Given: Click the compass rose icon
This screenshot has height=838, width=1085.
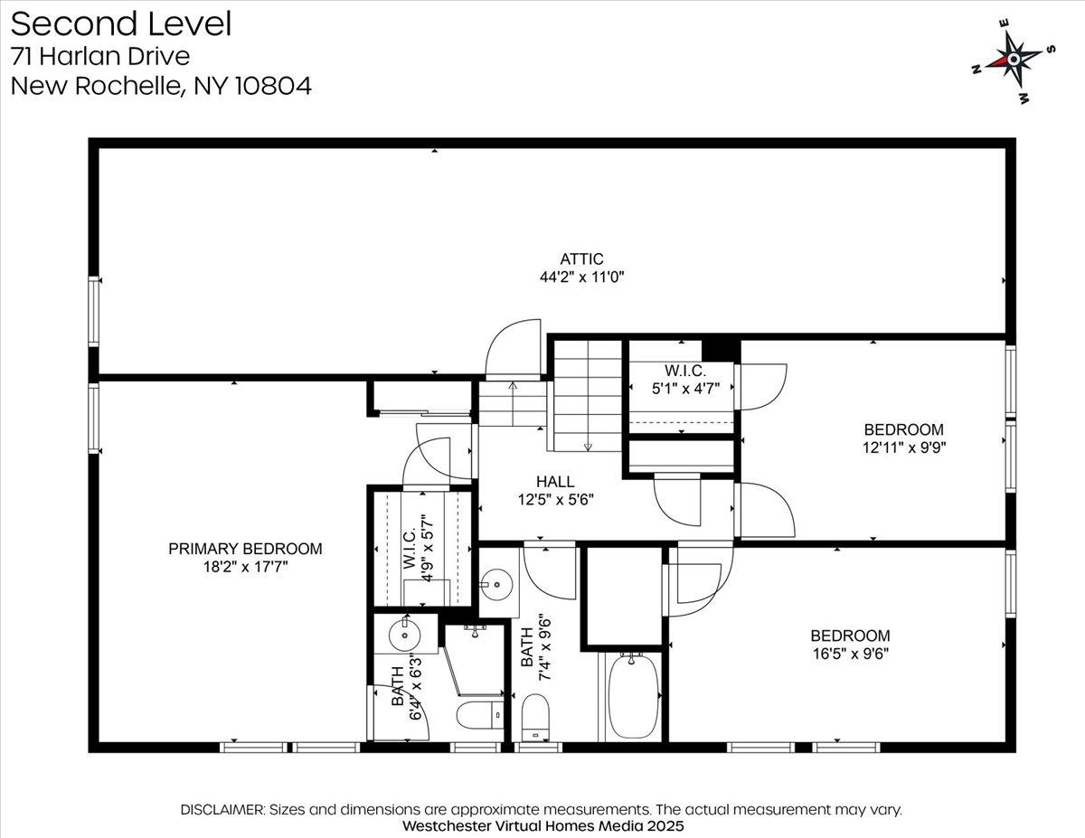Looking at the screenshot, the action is click(x=1014, y=61).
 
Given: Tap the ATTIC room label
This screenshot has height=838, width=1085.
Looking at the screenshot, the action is click(x=581, y=259).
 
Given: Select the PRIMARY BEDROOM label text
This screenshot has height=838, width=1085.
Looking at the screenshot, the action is click(x=245, y=549).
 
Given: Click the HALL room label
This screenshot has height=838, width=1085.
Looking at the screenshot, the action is click(x=555, y=482).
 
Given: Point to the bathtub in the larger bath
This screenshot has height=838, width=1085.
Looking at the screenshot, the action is click(x=633, y=696).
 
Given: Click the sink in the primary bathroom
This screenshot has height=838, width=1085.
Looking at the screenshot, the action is click(x=404, y=635).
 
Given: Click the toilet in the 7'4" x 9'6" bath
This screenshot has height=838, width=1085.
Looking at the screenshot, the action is click(x=535, y=717).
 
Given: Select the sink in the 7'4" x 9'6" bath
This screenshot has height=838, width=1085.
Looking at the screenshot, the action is click(x=496, y=584).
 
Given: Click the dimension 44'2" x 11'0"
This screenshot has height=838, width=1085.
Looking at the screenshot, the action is click(x=581, y=277).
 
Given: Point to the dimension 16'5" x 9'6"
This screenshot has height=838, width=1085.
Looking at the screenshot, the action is click(x=850, y=654).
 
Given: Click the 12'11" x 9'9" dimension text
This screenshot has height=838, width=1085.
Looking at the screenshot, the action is click(x=904, y=447).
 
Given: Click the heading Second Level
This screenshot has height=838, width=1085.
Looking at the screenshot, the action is click(x=121, y=24).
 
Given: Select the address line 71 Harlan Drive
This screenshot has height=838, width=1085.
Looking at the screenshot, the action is click(x=99, y=56).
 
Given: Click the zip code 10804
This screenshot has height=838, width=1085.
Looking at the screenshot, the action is click(x=273, y=85).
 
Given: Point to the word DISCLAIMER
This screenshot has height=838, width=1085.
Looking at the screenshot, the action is click(x=222, y=810).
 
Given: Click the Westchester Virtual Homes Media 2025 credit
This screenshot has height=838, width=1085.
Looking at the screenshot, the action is click(x=542, y=825).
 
